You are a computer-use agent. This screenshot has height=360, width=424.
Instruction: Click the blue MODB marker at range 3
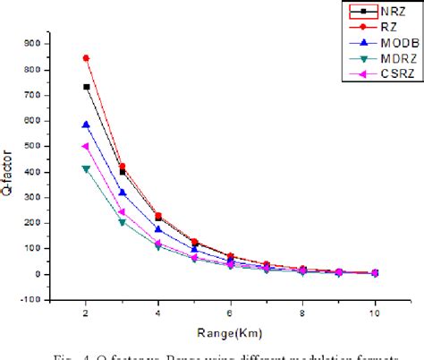pyautogui.click(x=123, y=193)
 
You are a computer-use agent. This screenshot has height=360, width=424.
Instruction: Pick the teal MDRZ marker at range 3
pyautogui.click(x=123, y=222)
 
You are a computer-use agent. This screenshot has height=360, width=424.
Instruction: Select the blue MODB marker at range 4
pyautogui.click(x=158, y=229)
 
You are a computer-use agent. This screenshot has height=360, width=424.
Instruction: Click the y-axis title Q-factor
pyautogui.click(x=13, y=173)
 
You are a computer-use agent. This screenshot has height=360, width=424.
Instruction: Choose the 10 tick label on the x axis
pyautogui.click(x=375, y=313)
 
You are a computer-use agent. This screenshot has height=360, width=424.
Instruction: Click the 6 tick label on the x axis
pyautogui.click(x=231, y=313)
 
